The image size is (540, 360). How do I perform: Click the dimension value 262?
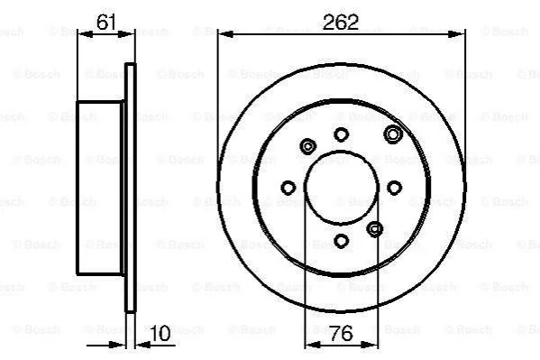341,22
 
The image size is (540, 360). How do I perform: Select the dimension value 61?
105,23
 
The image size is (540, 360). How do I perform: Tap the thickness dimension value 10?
160,333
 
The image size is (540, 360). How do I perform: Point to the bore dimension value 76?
341,333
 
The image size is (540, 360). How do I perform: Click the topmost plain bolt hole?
342,134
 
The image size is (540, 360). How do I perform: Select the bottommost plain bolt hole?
342,241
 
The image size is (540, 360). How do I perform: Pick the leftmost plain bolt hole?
288,188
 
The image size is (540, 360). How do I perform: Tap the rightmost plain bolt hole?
394,188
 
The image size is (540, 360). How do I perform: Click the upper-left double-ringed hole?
307,147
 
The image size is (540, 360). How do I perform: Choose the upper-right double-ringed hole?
393,134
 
